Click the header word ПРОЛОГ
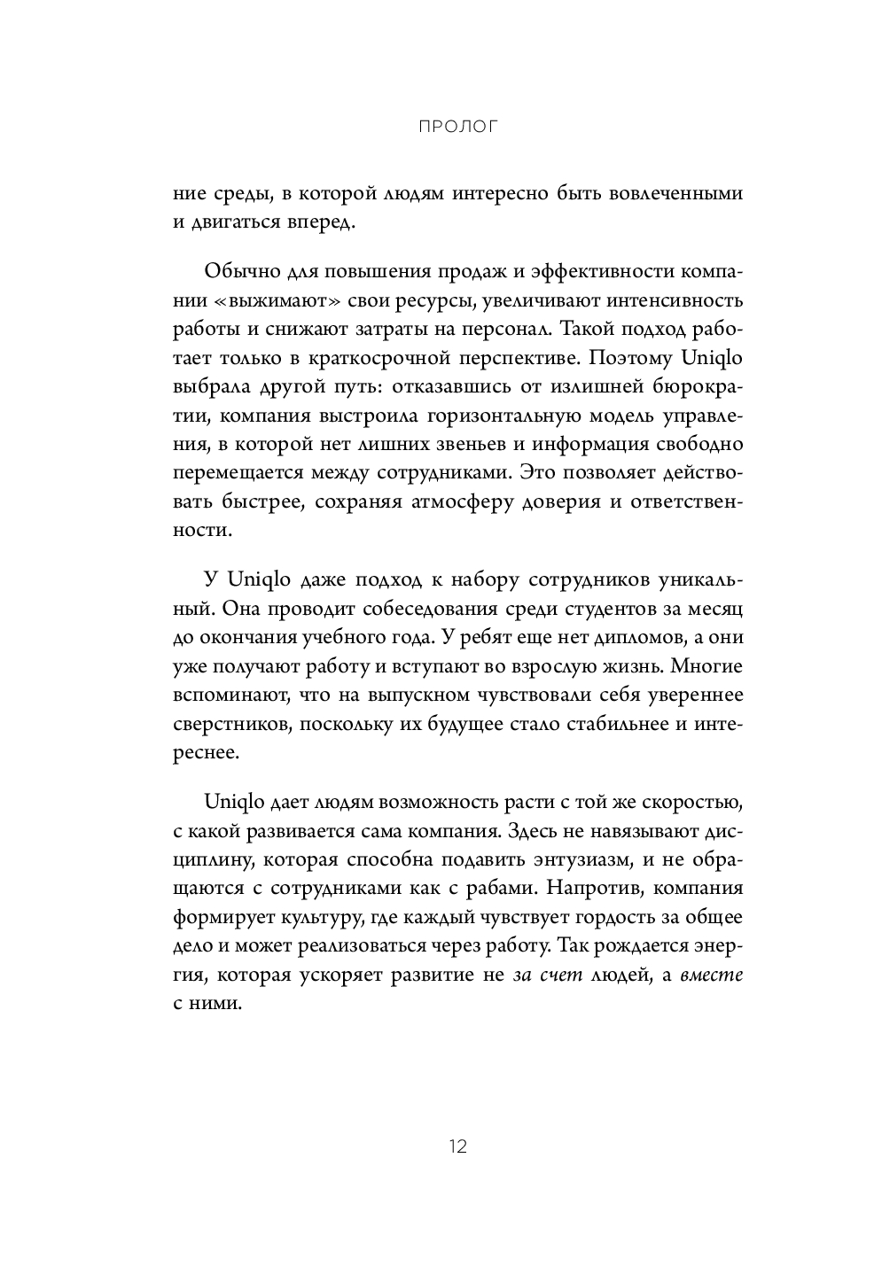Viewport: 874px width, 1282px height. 457,127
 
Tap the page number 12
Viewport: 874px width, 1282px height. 457,1146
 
